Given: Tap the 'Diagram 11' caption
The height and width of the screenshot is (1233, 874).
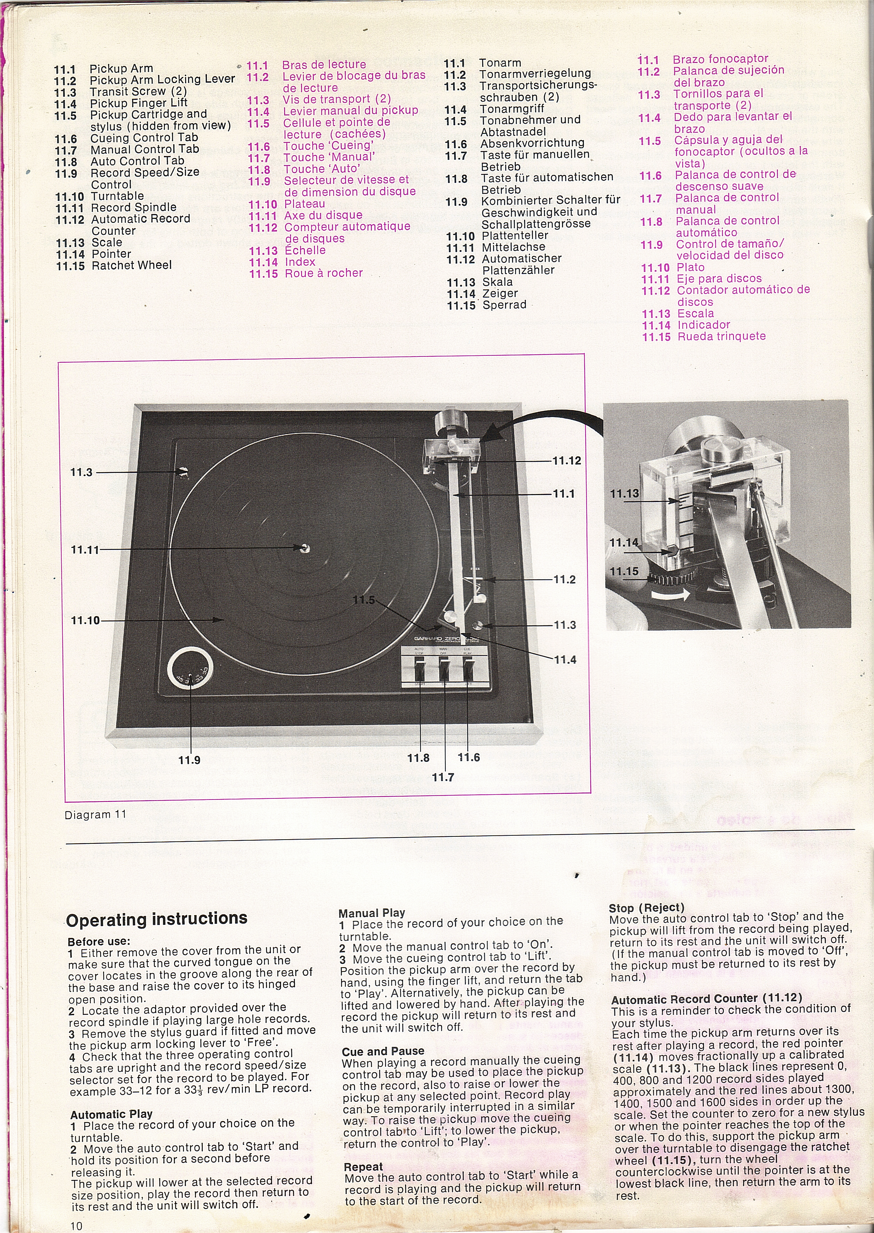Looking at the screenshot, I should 95,814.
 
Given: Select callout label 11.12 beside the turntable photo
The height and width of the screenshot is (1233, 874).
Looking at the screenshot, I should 567,461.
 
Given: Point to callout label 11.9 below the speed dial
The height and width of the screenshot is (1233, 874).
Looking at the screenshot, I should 189,760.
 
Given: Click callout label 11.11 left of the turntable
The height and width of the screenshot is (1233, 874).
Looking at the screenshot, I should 85,550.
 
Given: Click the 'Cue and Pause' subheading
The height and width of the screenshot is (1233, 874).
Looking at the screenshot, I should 383,1051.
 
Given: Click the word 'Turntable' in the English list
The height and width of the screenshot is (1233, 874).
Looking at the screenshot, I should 117,196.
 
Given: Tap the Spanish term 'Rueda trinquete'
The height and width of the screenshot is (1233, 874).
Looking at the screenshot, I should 721,336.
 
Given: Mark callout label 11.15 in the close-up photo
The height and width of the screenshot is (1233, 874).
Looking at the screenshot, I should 624,571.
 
